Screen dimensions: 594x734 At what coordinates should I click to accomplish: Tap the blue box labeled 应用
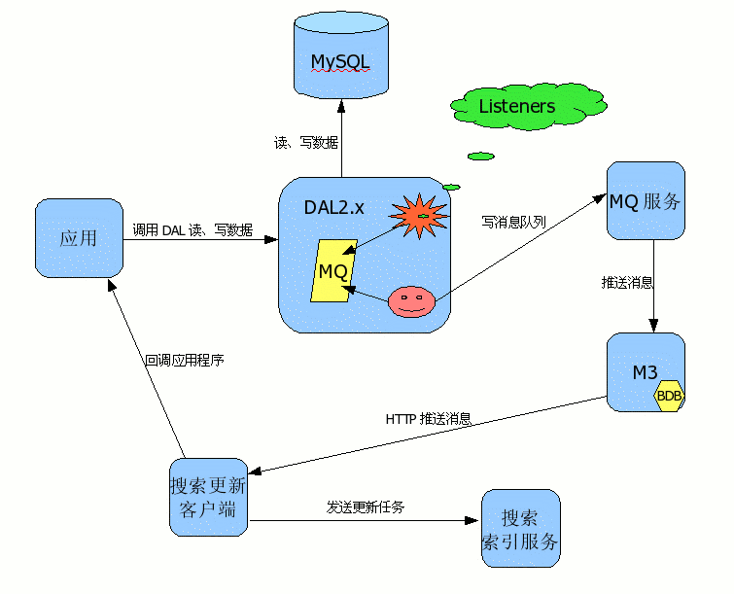pos(79,238)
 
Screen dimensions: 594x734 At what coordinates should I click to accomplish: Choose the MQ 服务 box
pos(646,201)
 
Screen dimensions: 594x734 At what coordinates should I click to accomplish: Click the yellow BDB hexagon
pos(670,396)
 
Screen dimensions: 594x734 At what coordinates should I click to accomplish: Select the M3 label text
pos(645,372)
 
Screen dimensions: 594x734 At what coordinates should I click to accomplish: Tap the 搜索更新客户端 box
pos(208,497)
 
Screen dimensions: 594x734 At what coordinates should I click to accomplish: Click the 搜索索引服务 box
pos(521,529)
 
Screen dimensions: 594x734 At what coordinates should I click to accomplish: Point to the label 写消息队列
pos(513,222)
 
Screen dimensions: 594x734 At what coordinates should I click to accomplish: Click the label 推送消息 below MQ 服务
pos(627,283)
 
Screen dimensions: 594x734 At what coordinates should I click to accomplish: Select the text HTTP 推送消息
pos(429,419)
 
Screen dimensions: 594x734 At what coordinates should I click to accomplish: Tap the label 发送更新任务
pos(366,507)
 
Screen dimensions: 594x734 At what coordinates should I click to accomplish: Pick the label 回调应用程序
pos(185,360)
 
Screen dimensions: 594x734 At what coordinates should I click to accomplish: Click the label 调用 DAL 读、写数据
pos(192,230)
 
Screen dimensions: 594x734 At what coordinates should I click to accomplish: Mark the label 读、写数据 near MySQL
pos(306,143)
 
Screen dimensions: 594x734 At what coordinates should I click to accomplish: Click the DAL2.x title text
pos(334,206)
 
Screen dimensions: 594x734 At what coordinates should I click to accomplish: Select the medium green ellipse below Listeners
pos(480,156)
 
